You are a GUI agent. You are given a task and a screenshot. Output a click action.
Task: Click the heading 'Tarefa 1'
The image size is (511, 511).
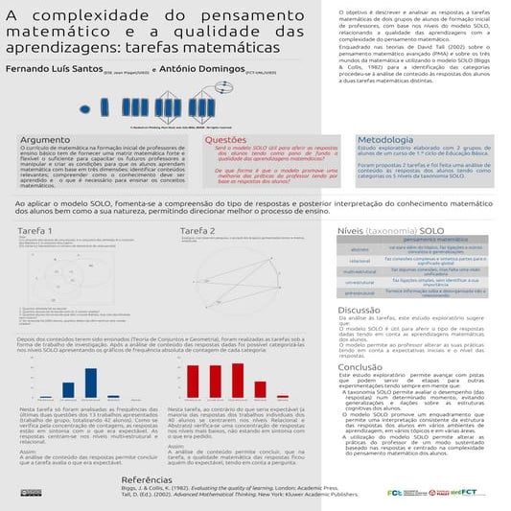coord(35,231)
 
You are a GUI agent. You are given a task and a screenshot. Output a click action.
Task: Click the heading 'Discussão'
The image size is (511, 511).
coord(360,310)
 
